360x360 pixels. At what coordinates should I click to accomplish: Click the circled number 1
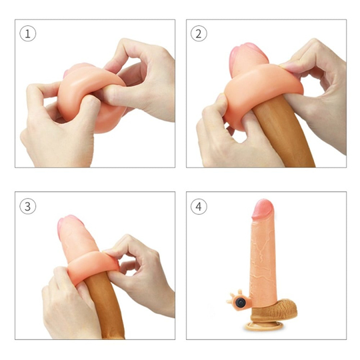coord(27,34)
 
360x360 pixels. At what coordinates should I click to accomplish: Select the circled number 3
coord(27,206)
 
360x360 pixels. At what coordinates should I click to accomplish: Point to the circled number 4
coord(198,206)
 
